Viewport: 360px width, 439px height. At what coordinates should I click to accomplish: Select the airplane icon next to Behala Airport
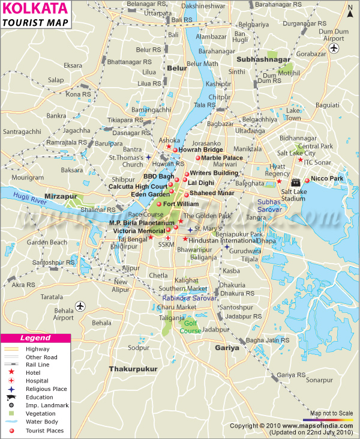click(x=80, y=307)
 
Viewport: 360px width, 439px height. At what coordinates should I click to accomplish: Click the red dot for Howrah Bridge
click(x=175, y=150)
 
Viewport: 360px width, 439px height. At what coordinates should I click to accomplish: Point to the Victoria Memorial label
click(x=139, y=231)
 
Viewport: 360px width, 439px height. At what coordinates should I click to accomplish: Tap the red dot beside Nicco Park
click(x=307, y=180)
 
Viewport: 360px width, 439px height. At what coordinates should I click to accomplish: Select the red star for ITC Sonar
click(x=301, y=160)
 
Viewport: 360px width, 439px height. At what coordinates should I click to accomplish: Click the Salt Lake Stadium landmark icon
click(x=295, y=182)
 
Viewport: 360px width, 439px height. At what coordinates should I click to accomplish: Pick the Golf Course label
click(x=190, y=327)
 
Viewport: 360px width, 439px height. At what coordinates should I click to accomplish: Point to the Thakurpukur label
click(x=133, y=368)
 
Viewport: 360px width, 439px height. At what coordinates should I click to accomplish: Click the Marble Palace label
click(x=222, y=158)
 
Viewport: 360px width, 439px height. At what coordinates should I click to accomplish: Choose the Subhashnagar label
click(x=262, y=60)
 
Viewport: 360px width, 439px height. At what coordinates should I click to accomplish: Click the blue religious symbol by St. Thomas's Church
click(x=148, y=158)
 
